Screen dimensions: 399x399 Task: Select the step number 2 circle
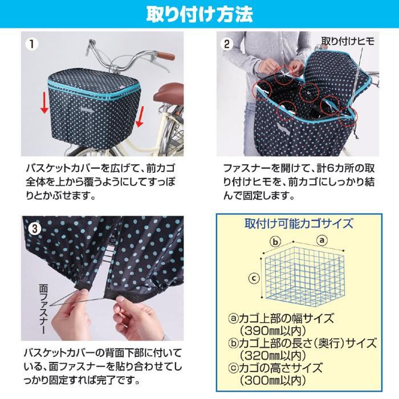point(227,44)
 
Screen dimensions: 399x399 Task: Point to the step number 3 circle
point(35,228)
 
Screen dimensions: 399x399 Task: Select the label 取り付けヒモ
point(349,41)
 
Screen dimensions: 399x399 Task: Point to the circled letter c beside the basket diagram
point(255,278)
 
